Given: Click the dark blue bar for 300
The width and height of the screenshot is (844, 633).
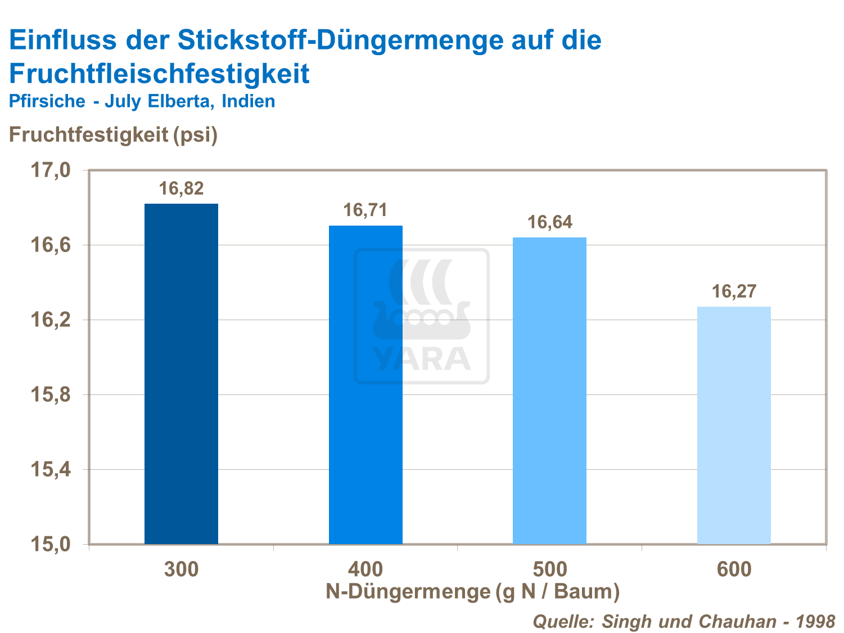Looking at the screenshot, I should [x=181, y=374].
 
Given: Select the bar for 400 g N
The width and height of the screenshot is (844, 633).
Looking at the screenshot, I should [x=365, y=385].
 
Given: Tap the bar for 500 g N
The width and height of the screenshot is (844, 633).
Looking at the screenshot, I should [x=549, y=390].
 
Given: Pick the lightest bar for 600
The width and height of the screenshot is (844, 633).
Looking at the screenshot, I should [x=734, y=425].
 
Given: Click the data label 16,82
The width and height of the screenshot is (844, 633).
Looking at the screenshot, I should [x=181, y=188].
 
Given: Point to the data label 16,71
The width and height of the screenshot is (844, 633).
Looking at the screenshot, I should [x=365, y=210].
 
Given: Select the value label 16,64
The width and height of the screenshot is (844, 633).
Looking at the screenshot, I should [x=549, y=222].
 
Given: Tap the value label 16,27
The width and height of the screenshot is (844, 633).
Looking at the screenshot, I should [x=734, y=291].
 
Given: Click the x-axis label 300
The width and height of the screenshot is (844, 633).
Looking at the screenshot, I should [x=181, y=569].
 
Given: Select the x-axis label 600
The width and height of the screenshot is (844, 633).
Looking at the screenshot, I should [x=734, y=569].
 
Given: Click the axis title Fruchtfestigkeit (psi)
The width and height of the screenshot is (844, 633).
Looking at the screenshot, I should [x=113, y=134].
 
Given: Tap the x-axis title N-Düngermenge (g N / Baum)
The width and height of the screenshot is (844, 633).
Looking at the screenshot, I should [x=472, y=591].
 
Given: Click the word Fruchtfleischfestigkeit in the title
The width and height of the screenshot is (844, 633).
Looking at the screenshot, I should [x=159, y=74].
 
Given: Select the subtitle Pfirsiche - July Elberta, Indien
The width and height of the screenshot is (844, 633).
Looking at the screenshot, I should [x=142, y=101].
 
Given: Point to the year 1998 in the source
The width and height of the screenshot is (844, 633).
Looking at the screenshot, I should [x=815, y=621].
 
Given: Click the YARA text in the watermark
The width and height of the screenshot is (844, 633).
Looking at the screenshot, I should [x=422, y=359].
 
